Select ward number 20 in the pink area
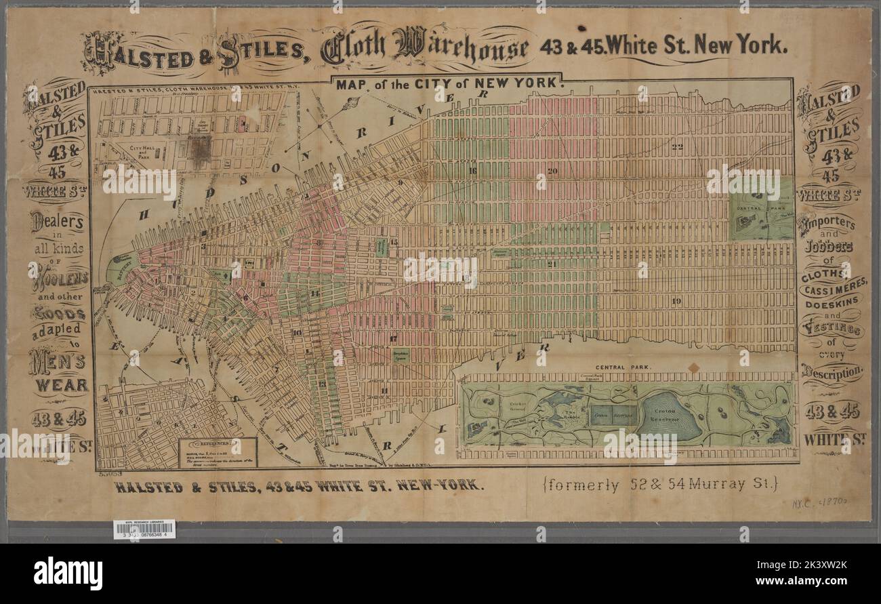pos(552,171)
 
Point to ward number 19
pos(675,300)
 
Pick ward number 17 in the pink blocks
pos(393,338)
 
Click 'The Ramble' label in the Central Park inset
pos(569,413)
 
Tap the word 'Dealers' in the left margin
pos(58,221)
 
